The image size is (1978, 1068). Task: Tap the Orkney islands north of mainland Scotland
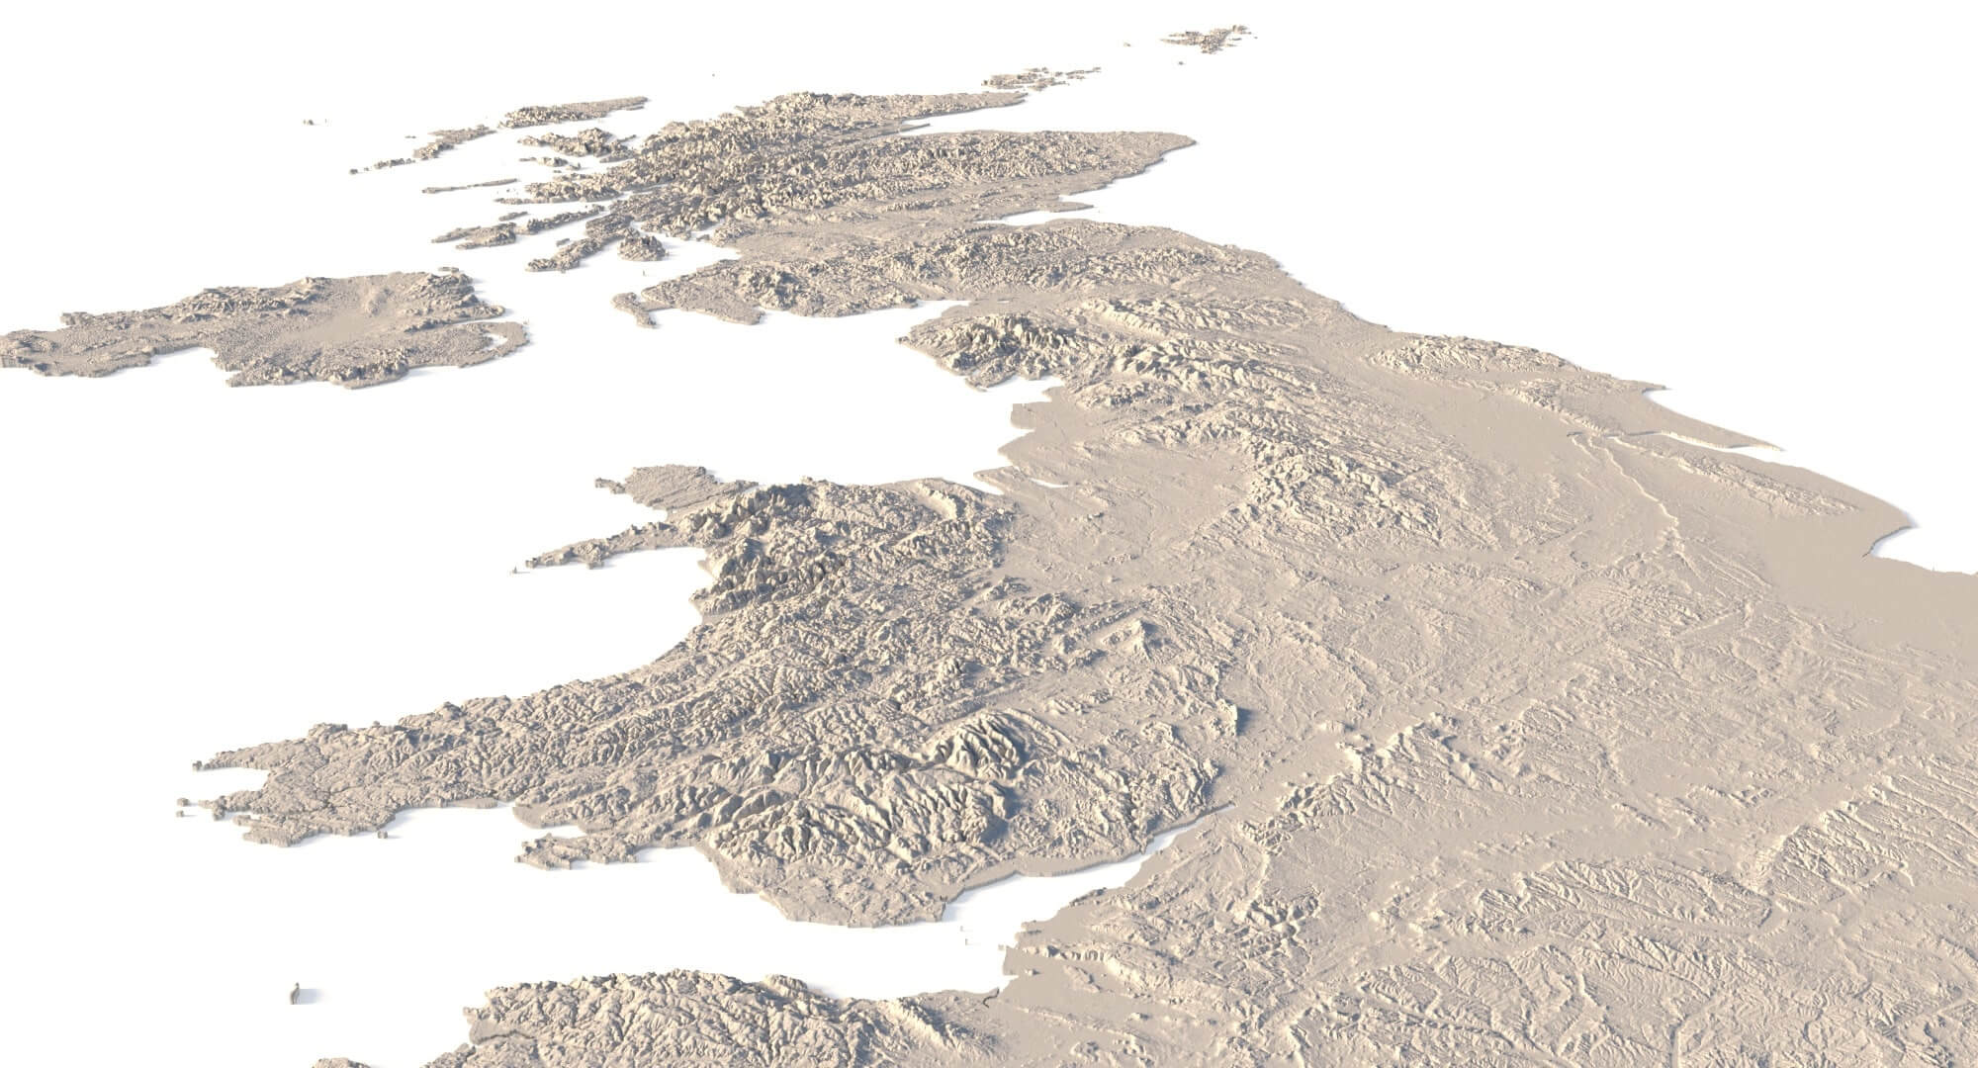coord(1038,78)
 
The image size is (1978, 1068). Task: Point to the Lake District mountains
coord(989,341)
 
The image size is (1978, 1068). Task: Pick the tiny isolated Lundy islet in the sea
coord(296,993)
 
